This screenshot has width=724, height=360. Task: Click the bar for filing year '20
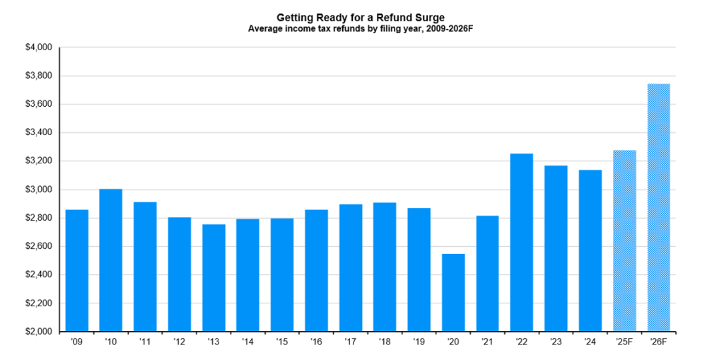coord(453,292)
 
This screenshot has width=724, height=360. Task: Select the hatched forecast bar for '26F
coord(658,207)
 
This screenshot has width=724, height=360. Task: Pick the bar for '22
coord(522,242)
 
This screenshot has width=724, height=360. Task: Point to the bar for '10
coord(111,260)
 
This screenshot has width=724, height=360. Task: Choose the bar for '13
coord(214,277)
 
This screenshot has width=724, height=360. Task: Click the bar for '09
coord(77,270)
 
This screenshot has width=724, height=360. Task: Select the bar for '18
coord(385,267)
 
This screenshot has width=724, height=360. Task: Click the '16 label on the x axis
coord(316,342)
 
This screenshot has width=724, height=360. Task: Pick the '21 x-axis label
coord(487,342)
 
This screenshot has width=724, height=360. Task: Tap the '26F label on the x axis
coord(658,342)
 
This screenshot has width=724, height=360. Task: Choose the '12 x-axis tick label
coord(180,342)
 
